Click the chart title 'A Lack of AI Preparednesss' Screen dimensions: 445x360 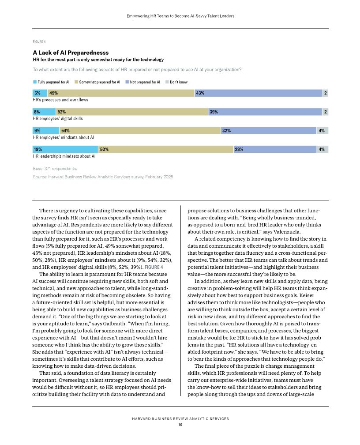[x=71, y=52]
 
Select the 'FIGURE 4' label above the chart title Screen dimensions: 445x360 [x=39, y=41]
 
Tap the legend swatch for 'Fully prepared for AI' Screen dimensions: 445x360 [x=35, y=82]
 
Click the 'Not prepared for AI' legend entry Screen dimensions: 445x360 [x=145, y=82]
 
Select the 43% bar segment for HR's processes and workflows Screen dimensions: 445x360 [x=259, y=93]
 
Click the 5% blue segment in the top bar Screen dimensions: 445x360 [x=40, y=93]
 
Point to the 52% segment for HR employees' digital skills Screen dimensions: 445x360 [x=132, y=112]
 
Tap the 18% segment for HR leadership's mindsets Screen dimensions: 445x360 [x=65, y=150]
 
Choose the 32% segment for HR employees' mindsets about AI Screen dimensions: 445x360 [x=269, y=131]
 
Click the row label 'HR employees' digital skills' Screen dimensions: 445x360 [x=58, y=119]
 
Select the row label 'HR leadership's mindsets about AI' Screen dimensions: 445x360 [x=64, y=156]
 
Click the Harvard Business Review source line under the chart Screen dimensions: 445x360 [x=103, y=177]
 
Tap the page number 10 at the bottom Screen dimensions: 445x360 [x=180, y=425]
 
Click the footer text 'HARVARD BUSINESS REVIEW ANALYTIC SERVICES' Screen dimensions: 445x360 [x=180, y=419]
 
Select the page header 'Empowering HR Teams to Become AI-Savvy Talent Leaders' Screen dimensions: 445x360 [x=180, y=16]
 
